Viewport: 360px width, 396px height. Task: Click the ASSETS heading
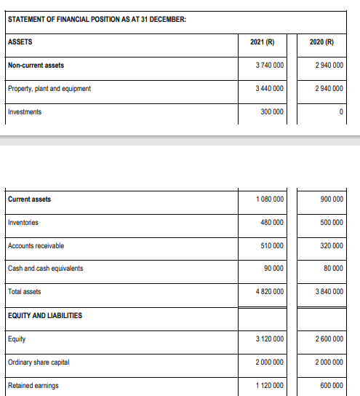20,41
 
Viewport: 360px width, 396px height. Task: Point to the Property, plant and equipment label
49,89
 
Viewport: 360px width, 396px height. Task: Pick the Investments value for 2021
272,112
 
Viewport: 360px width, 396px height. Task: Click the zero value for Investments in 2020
340,112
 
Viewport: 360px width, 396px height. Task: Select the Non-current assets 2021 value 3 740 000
270,66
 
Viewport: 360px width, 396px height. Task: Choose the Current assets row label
29,199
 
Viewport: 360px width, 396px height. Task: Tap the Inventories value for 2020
332,223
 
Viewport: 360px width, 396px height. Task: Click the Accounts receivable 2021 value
272,246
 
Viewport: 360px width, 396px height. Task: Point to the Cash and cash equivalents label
45,269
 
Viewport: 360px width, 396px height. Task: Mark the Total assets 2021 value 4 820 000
270,292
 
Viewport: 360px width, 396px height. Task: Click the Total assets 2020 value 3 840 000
329,292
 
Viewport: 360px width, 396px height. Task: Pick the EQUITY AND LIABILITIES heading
44,315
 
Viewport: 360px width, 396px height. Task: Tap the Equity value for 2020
329,338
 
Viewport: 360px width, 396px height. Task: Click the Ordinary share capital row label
38,363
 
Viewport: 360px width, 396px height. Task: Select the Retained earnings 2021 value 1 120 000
270,386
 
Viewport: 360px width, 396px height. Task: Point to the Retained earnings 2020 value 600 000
332,386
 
